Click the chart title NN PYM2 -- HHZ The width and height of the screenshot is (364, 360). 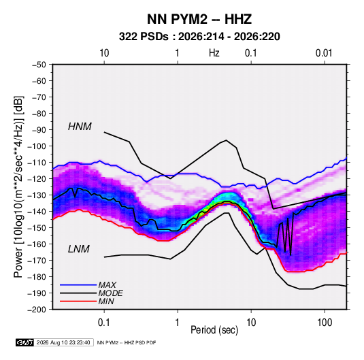[x=199, y=19]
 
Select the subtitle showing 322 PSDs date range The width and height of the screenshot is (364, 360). [x=199, y=37]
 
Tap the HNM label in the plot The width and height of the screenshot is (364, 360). [x=80, y=127]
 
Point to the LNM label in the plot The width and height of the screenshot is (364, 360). [x=79, y=249]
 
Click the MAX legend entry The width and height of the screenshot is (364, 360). [x=107, y=285]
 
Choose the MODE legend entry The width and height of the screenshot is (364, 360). [x=110, y=293]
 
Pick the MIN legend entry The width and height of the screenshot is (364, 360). [x=106, y=301]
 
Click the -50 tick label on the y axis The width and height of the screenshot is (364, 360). [x=39, y=65]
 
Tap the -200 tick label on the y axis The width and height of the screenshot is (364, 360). [x=37, y=310]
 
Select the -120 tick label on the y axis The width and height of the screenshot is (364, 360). [x=37, y=179]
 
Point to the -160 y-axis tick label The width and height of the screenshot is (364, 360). [x=37, y=244]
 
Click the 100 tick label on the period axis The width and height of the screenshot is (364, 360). [x=325, y=323]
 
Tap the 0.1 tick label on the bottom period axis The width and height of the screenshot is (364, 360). [x=104, y=323]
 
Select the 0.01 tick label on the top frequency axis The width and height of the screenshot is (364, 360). [x=324, y=53]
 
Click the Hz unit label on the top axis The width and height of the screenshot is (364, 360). [x=214, y=53]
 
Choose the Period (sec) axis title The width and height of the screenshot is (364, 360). [x=214, y=330]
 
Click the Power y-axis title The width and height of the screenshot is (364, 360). [x=18, y=186]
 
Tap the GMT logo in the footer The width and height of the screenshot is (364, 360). [x=24, y=342]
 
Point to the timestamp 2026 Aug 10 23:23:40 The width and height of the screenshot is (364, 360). [x=63, y=342]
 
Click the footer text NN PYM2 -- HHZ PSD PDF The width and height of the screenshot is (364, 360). [x=127, y=343]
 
